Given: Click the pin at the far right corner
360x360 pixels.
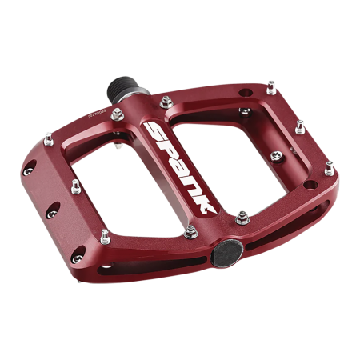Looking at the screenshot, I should click(x=329, y=166).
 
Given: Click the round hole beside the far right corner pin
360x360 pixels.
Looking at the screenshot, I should click(x=319, y=175).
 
